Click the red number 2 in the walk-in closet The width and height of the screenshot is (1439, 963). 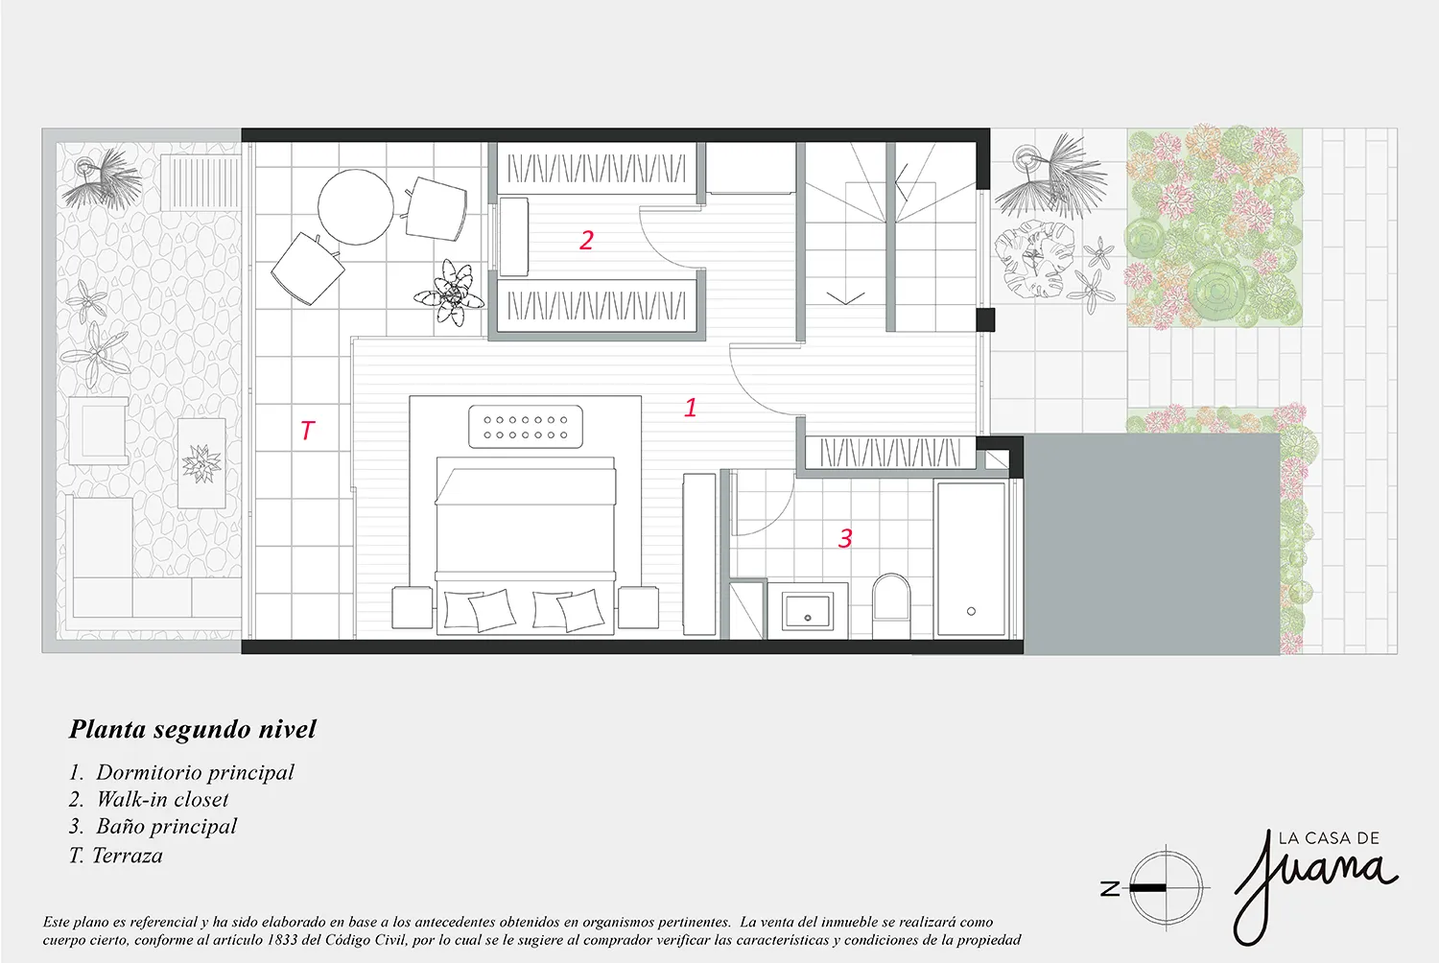coord(586,240)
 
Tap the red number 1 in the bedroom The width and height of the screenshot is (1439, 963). coord(691,408)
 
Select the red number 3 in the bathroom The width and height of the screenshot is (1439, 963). coord(845,538)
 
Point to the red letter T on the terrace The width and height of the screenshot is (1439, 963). coord(308,430)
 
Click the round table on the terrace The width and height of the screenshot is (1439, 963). coord(355,207)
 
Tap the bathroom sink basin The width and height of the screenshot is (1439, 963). coord(808,611)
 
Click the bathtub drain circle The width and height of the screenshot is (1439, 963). coord(971,611)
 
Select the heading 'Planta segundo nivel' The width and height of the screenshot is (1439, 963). coord(193,729)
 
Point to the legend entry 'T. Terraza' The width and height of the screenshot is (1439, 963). coord(116,855)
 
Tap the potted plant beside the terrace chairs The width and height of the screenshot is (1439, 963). coord(449,293)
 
